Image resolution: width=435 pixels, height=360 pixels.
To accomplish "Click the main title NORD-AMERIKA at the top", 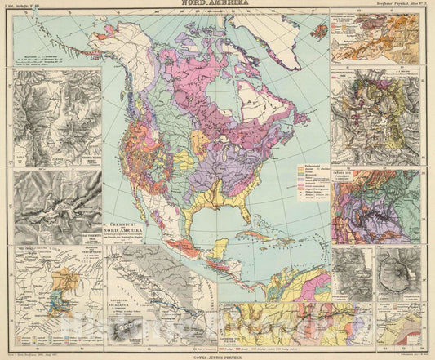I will click(x=217, y=5).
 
